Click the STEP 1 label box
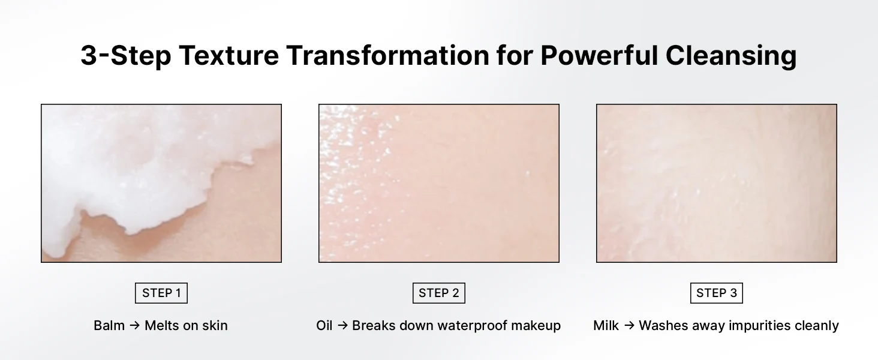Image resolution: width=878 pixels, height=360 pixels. (161, 293)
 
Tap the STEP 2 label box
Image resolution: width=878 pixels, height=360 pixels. (438, 293)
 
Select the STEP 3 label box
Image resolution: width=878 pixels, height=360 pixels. (717, 293)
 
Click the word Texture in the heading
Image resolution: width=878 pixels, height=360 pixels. (228, 55)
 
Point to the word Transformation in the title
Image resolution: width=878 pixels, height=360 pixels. (387, 55)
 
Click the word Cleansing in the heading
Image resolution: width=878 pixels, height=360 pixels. (731, 56)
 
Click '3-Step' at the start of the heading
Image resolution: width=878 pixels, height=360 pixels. (126, 56)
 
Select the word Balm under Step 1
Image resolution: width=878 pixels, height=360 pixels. (109, 325)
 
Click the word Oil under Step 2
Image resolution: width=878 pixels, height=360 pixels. (324, 325)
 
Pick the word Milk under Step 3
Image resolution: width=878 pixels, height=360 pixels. (606, 325)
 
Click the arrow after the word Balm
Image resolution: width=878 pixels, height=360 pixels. (134, 325)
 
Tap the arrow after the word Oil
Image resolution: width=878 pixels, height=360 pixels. (342, 325)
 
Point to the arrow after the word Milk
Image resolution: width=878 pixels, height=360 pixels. (629, 325)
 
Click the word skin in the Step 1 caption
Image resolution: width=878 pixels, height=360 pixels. (215, 325)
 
